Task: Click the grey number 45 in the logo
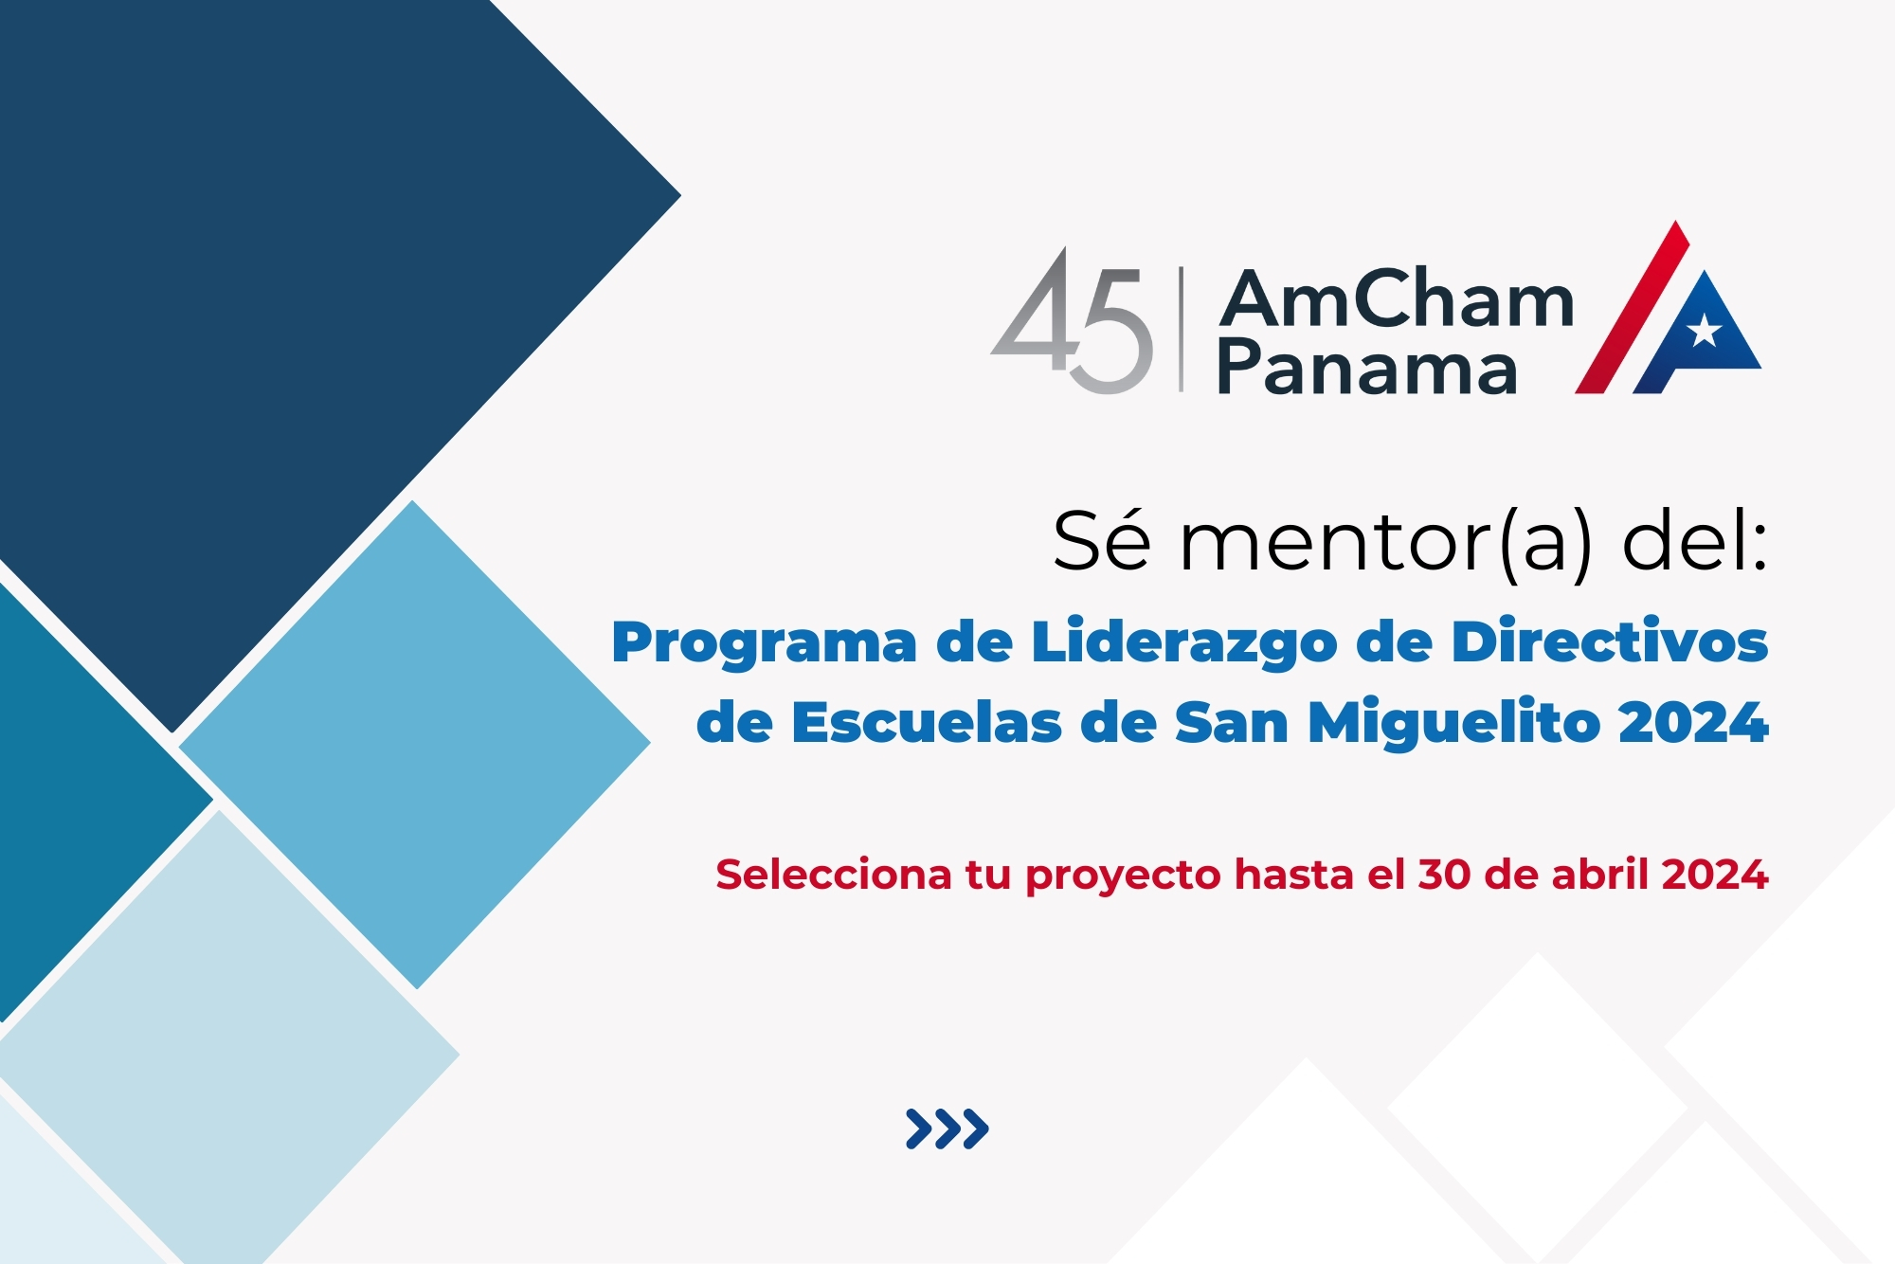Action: pos(1072,320)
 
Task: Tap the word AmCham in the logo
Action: pos(1397,298)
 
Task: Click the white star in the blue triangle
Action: pos(1705,330)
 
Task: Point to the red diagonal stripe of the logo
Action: pos(1632,307)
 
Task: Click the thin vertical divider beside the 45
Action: pos(1181,329)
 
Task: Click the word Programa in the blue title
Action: pos(765,645)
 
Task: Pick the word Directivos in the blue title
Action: pos(1610,641)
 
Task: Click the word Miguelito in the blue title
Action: pos(1455,724)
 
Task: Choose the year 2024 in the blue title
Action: pos(1693,723)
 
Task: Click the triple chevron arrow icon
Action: pos(947,1129)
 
